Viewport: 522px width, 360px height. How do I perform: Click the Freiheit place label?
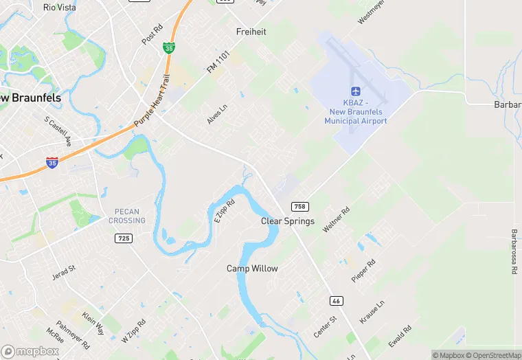(x=251, y=32)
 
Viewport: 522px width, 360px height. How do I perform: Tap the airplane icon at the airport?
(x=356, y=92)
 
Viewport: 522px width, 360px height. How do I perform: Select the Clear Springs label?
(x=288, y=221)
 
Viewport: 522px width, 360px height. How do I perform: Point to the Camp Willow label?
(x=252, y=269)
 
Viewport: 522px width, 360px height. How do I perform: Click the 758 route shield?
(x=299, y=207)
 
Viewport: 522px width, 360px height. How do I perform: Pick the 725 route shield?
(x=123, y=238)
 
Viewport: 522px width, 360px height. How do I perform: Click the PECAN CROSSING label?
(x=127, y=216)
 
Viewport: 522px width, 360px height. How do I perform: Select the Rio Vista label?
(x=59, y=8)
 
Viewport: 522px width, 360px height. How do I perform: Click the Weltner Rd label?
(x=337, y=218)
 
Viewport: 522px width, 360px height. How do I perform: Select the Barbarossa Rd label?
(x=513, y=251)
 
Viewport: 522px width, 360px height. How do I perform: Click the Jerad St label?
(x=64, y=273)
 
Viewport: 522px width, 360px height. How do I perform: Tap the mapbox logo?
(x=30, y=351)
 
